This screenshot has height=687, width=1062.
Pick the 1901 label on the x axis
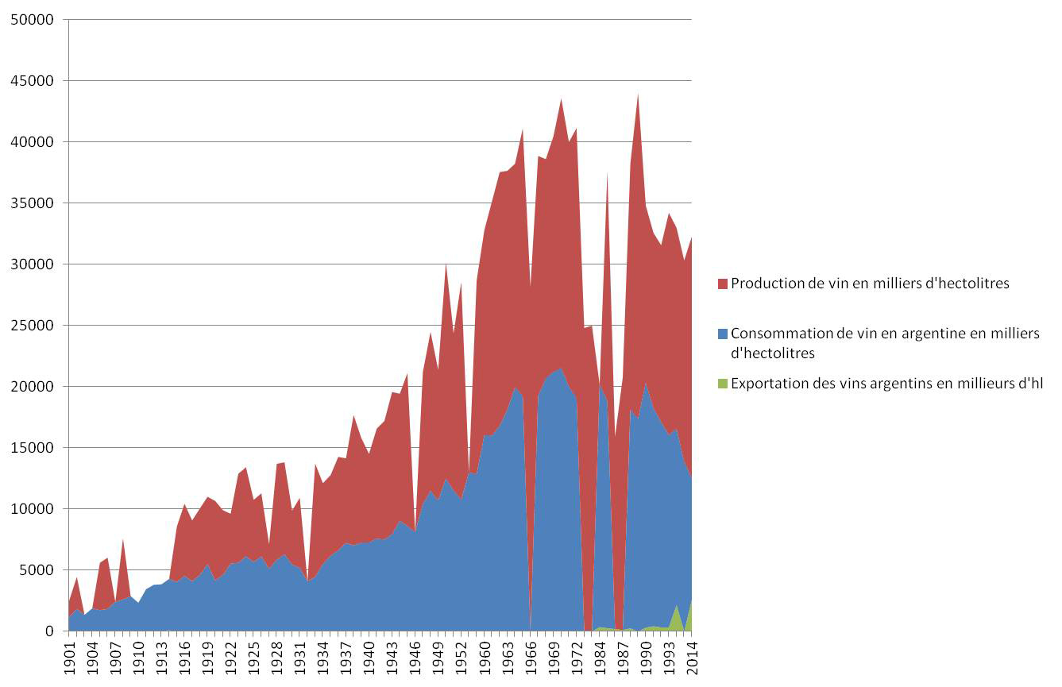pyautogui.click(x=70, y=658)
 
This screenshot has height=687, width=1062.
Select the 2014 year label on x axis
pyautogui.click(x=692, y=658)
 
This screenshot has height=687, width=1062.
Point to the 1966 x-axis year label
pyautogui.click(x=529, y=658)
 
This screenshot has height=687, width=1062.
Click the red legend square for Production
pyautogui.click(x=721, y=284)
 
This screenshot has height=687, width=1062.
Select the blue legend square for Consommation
pyautogui.click(x=721, y=334)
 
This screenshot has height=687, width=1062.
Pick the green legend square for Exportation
pyautogui.click(x=721, y=384)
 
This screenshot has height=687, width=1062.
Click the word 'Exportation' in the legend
pyautogui.click(x=769, y=384)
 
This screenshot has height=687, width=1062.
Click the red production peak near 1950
pyautogui.click(x=446, y=264)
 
